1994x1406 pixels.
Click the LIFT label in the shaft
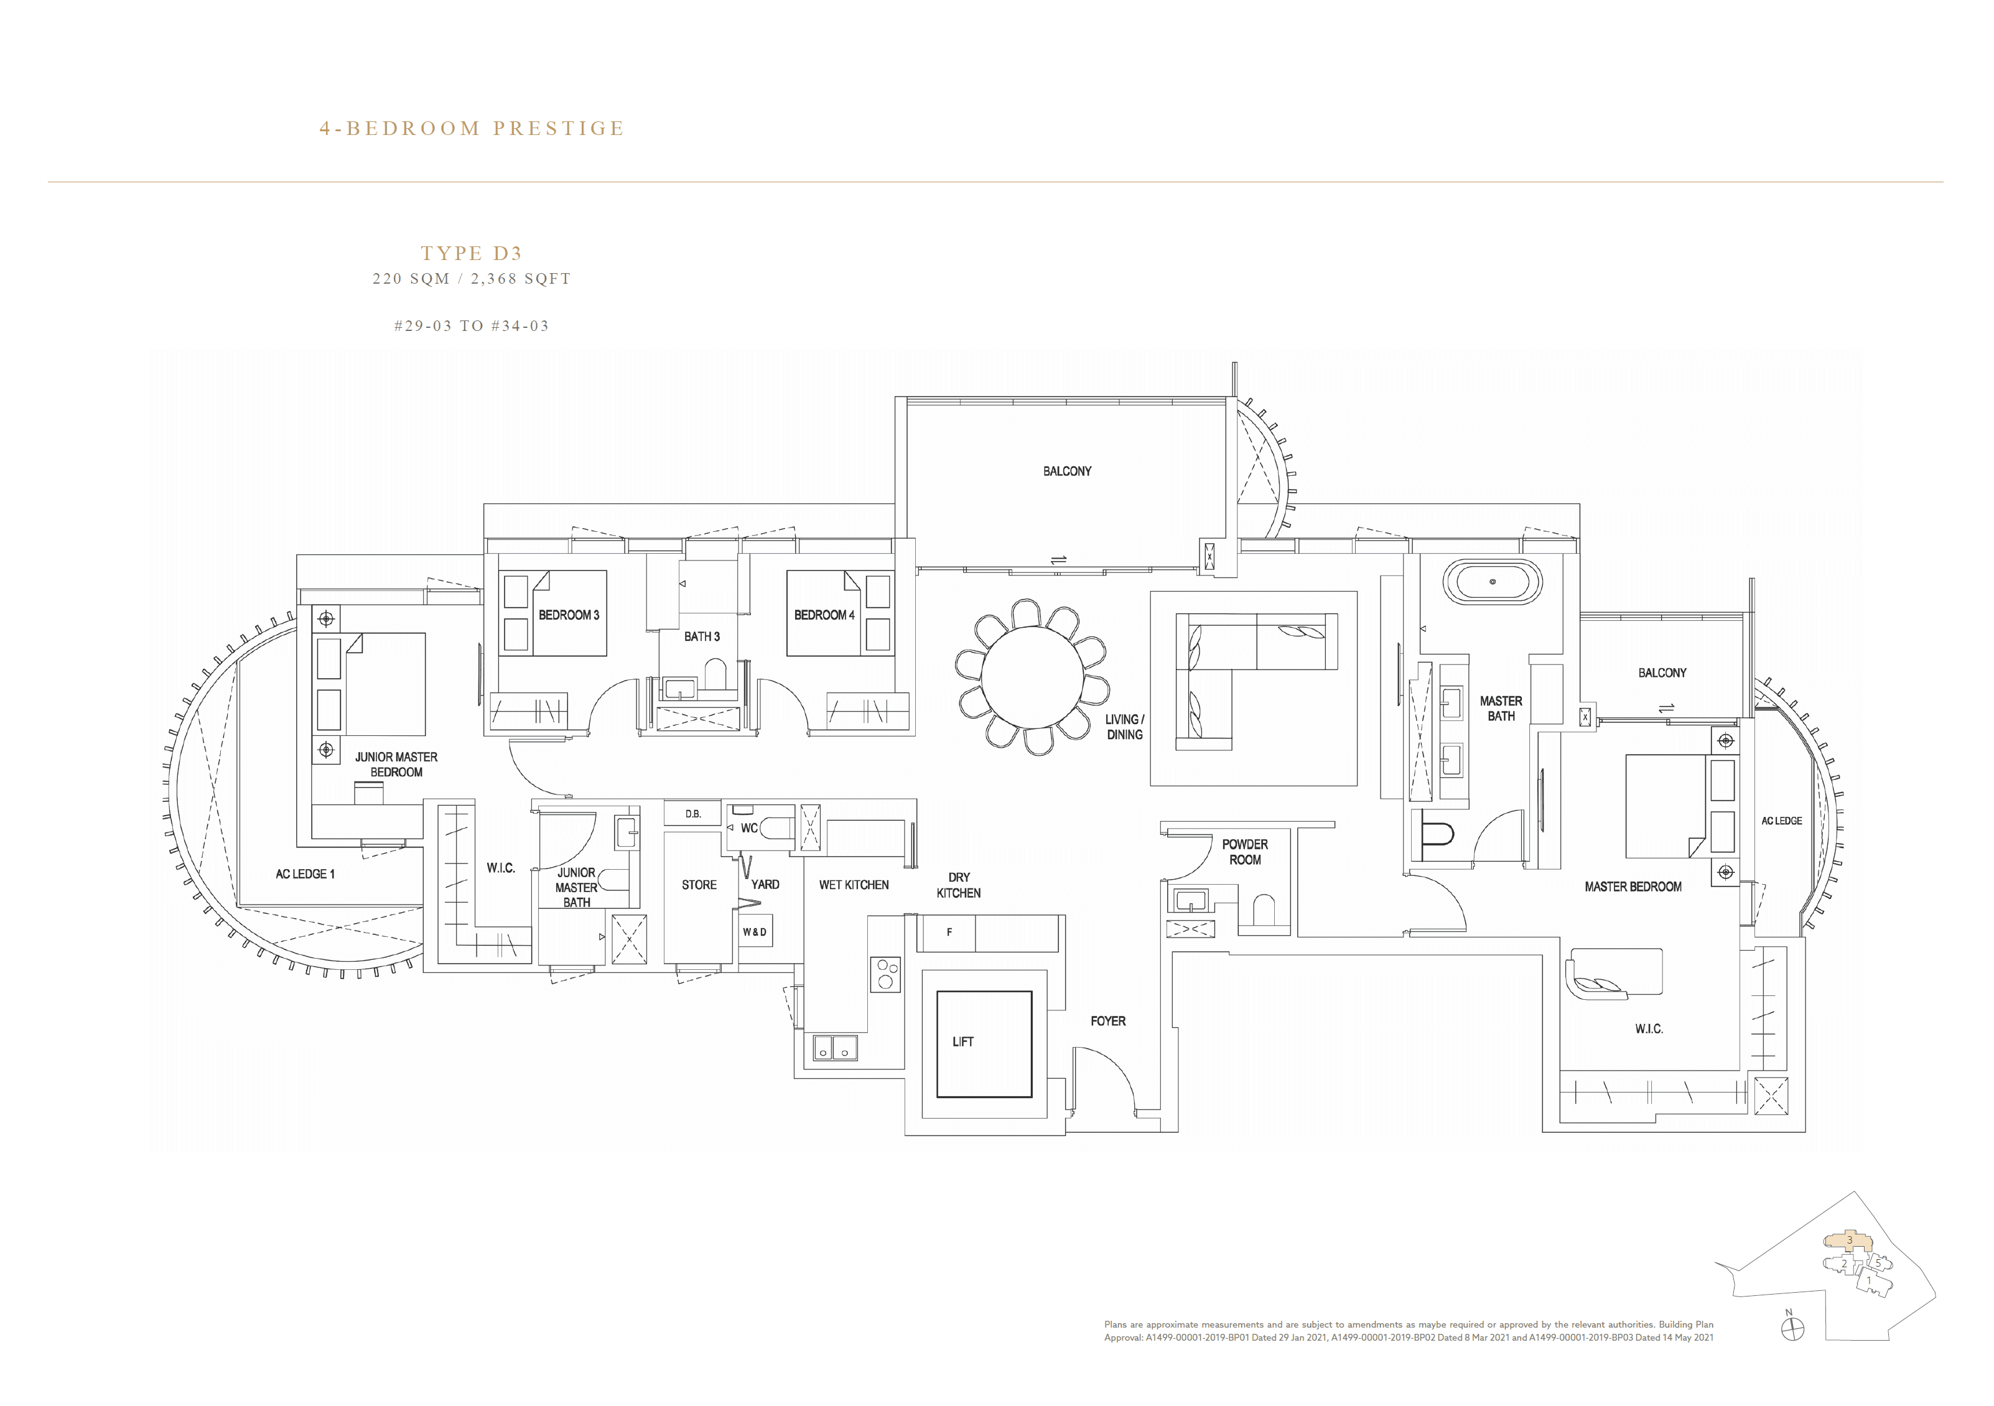[962, 1041]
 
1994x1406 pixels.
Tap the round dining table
[1032, 676]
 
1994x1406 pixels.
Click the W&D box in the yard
[755, 932]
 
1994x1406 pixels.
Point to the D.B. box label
[693, 814]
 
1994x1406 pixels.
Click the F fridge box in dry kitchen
[949, 933]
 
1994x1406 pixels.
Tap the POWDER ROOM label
[1244, 852]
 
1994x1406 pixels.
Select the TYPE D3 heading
[472, 254]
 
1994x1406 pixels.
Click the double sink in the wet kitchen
[834, 1048]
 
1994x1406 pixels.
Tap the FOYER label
[1107, 1022]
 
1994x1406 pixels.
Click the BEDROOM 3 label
[568, 615]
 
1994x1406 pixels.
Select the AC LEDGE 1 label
[305, 873]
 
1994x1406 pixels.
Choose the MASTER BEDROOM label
[1632, 887]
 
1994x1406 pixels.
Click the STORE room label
[698, 885]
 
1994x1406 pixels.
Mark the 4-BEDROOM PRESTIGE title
[472, 129]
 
